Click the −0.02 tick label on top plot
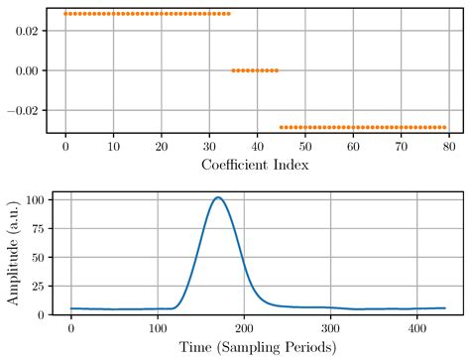coord(23,111)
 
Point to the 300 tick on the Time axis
coord(327,327)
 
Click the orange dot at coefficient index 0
coord(65,14)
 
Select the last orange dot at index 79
coord(444,127)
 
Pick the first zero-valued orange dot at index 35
coord(233,70)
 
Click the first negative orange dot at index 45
coord(282,127)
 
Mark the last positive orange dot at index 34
coord(228,14)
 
